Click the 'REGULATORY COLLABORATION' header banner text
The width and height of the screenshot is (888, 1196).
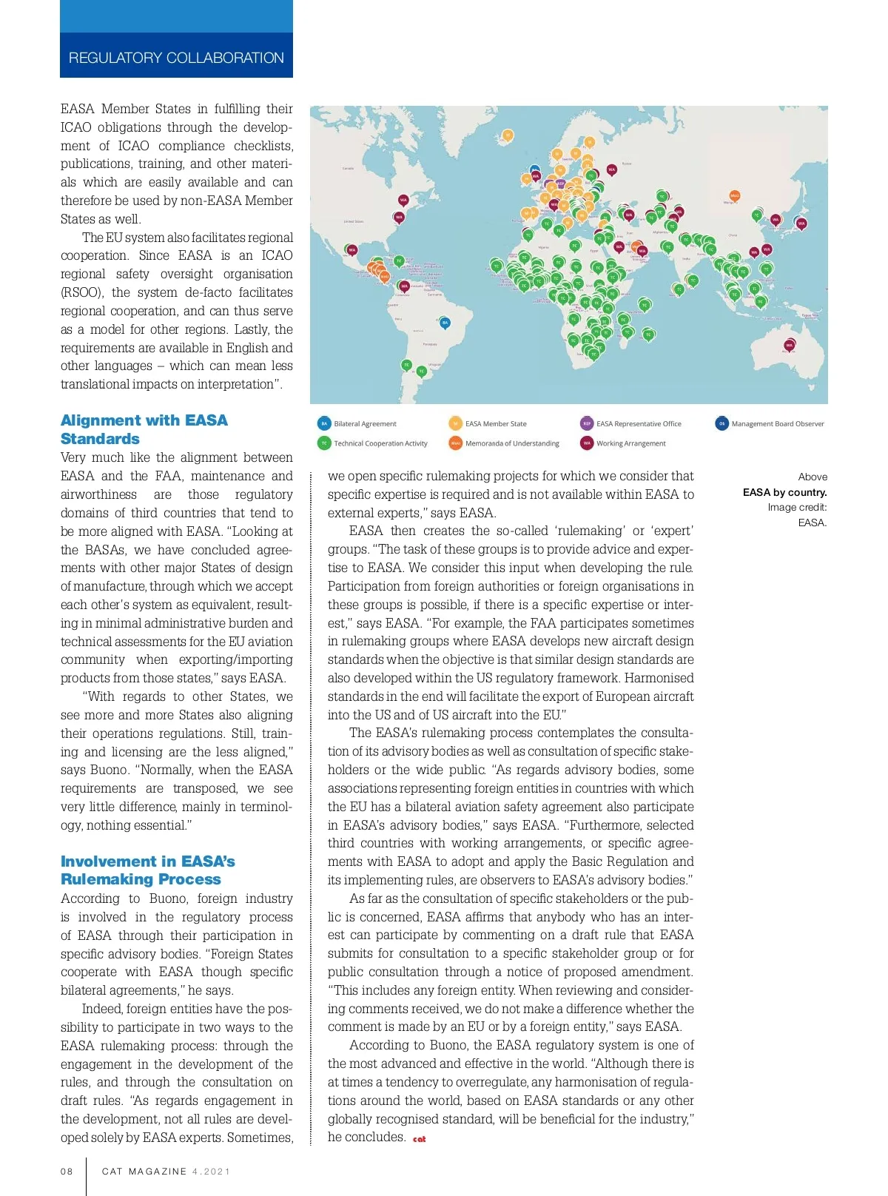[176, 58]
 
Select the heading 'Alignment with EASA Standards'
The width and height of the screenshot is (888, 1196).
[144, 429]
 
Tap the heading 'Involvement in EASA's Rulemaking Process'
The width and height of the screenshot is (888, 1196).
[147, 870]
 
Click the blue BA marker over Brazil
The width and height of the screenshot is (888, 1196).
[445, 323]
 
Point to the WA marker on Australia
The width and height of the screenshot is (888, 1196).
[790, 345]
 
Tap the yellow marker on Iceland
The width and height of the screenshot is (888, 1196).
[508, 135]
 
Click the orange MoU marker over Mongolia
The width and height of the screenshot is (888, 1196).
[735, 195]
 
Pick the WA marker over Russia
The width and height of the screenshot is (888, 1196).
[612, 169]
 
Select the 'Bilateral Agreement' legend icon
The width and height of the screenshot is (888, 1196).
[324, 424]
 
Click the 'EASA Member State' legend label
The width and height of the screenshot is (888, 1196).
[496, 424]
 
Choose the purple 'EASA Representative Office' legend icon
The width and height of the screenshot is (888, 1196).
[587, 424]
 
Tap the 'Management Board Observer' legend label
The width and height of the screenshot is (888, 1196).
[778, 424]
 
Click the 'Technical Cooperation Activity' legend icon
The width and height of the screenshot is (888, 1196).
[324, 443]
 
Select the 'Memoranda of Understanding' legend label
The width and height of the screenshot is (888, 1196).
[512, 443]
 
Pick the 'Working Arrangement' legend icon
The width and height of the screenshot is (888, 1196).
[587, 443]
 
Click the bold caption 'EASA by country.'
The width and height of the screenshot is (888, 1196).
[784, 492]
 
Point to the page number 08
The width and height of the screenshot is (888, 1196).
[67, 1172]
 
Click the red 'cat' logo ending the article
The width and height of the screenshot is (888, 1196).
[420, 1139]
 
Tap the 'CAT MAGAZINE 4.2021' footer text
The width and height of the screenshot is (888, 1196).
[166, 1172]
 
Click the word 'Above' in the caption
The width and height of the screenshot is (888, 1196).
[813, 477]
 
